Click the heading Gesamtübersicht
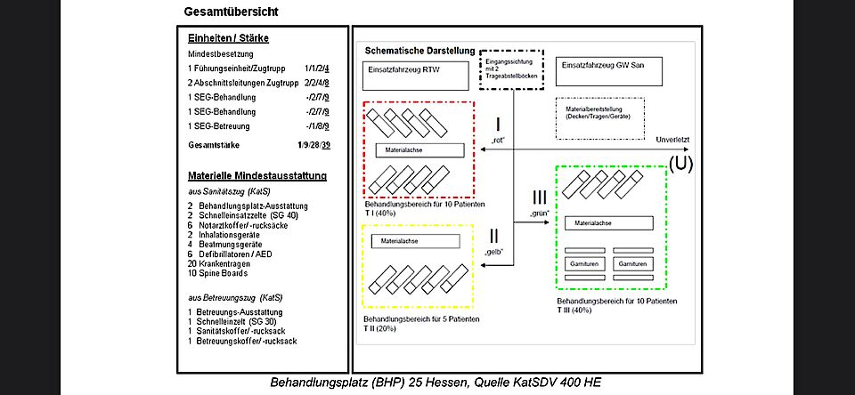(x=231, y=12)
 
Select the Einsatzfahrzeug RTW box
(x=416, y=74)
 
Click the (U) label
(x=680, y=163)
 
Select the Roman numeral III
(x=540, y=197)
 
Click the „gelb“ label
(x=493, y=253)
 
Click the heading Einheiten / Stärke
(x=228, y=39)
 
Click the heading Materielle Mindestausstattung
(x=256, y=175)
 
